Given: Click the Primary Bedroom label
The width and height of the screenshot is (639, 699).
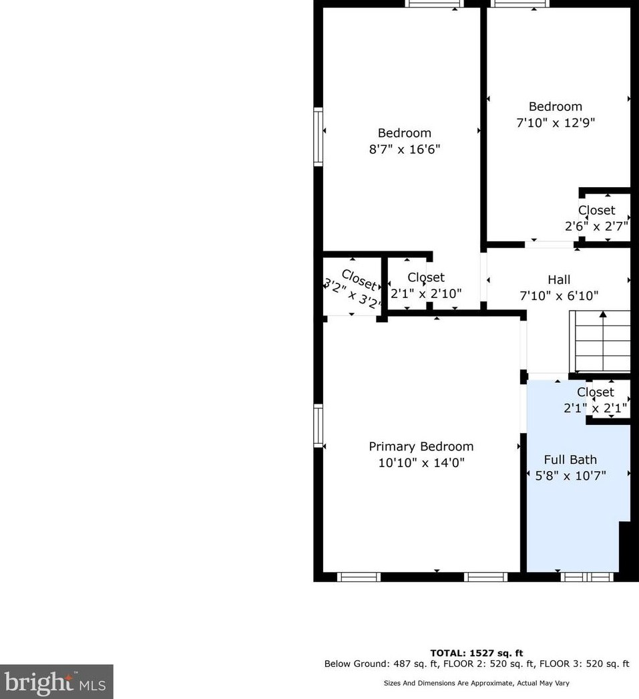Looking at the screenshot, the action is [421, 446].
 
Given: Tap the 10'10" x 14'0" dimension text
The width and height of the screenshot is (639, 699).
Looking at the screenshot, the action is [421, 462].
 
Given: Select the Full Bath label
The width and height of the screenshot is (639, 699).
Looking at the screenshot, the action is [570, 460].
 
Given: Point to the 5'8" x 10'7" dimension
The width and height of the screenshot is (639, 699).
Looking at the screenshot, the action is [570, 476].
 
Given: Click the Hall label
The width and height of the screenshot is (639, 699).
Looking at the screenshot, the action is [559, 279].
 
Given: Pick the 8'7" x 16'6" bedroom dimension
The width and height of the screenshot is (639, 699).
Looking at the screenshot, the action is [405, 149].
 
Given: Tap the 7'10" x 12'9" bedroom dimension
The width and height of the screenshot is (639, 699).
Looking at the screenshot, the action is [556, 122].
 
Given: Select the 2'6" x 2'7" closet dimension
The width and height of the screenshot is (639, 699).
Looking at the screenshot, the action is [596, 226].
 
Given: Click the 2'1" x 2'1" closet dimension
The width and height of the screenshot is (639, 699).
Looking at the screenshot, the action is [596, 408].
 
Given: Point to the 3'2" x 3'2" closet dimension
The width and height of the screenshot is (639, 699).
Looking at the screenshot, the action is [353, 295].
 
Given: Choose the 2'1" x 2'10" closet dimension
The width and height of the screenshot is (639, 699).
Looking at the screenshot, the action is [426, 293].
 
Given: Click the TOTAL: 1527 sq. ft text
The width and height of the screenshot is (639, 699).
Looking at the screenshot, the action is [477, 653].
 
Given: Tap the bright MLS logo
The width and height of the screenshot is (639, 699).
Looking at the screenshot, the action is [56, 682].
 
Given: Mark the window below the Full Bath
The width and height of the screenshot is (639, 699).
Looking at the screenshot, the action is [587, 577].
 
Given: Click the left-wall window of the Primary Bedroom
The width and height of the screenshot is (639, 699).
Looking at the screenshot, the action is [318, 426].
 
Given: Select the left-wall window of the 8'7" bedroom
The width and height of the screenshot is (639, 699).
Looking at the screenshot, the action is [318, 137].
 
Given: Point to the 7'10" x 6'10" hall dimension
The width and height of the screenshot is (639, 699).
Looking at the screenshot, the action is [559, 295].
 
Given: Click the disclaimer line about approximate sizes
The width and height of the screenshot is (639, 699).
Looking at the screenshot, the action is [477, 683].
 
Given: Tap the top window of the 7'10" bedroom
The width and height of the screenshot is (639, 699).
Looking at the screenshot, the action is [519, 3].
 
